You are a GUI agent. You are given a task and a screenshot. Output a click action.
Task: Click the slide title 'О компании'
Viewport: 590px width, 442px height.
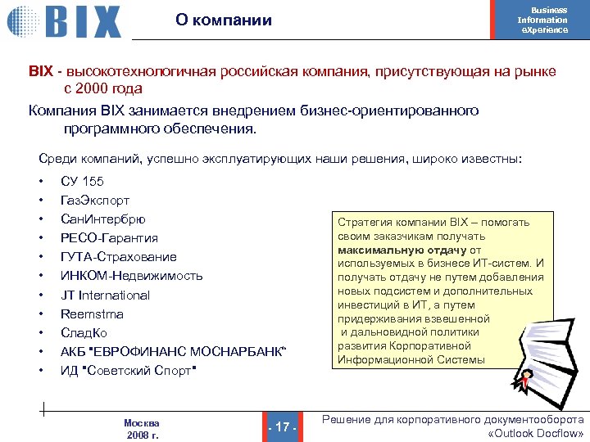coord(224,20)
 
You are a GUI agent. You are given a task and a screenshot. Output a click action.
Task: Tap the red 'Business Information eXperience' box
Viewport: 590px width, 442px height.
coord(543,20)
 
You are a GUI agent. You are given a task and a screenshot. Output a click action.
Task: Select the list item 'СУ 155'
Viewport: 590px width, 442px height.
coord(82,182)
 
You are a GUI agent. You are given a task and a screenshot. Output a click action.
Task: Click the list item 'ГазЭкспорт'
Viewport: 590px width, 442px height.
coord(95,201)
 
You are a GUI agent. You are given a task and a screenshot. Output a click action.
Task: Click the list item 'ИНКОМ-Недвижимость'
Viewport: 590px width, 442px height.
coord(131,276)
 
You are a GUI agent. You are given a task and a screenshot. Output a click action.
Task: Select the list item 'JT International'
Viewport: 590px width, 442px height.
coord(105,295)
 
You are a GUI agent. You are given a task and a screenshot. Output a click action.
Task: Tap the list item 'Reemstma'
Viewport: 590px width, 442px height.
coord(92,313)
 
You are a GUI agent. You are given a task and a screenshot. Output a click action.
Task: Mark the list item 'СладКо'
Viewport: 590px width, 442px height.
coord(84,333)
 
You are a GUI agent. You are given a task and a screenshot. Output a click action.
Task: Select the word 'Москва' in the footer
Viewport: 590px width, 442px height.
coord(142,423)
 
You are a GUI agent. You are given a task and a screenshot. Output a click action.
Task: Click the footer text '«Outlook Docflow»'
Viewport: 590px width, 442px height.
coord(535,433)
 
